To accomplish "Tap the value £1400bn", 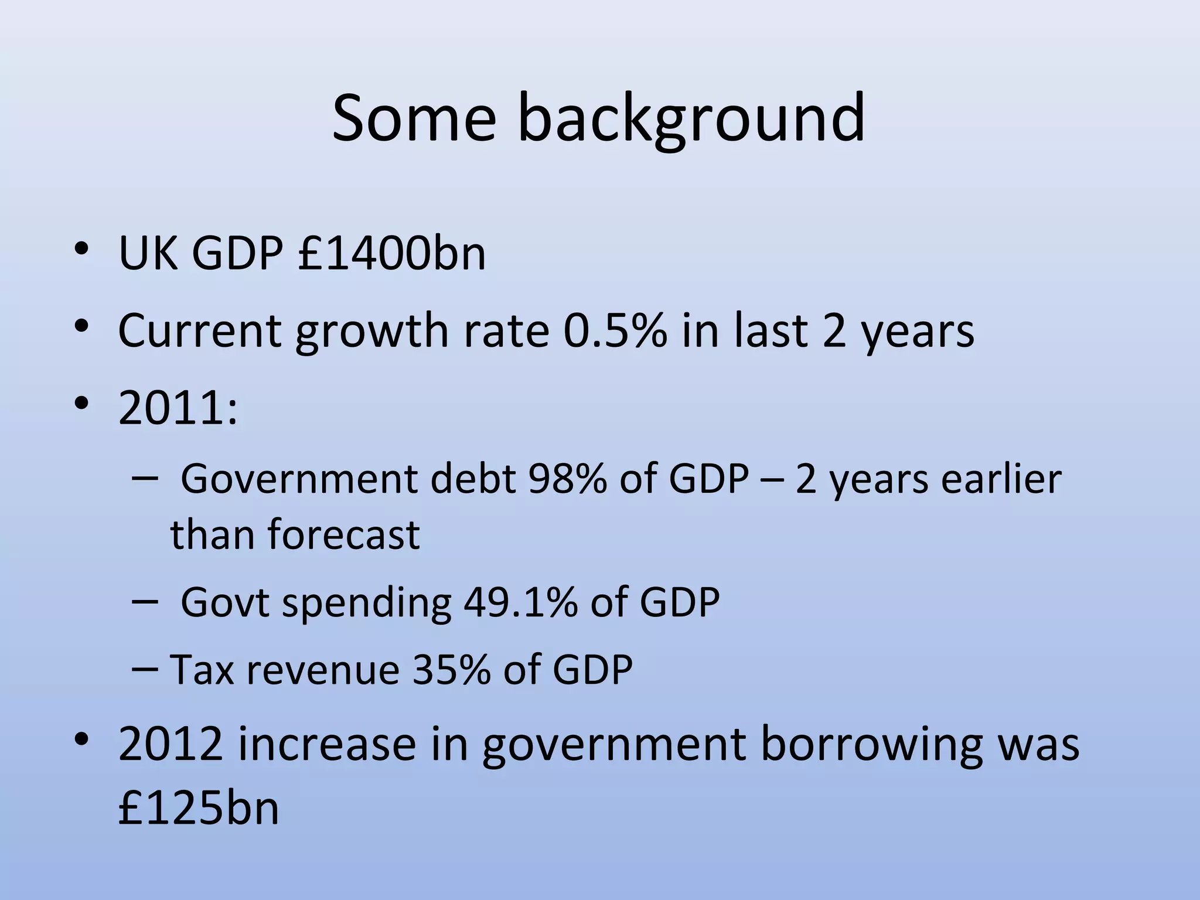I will coord(391,253).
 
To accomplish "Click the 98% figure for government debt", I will coord(567,479).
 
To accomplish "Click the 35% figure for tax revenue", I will coord(451,669).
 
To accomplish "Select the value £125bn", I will coord(199,807).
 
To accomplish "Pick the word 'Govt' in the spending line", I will coord(225,602).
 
